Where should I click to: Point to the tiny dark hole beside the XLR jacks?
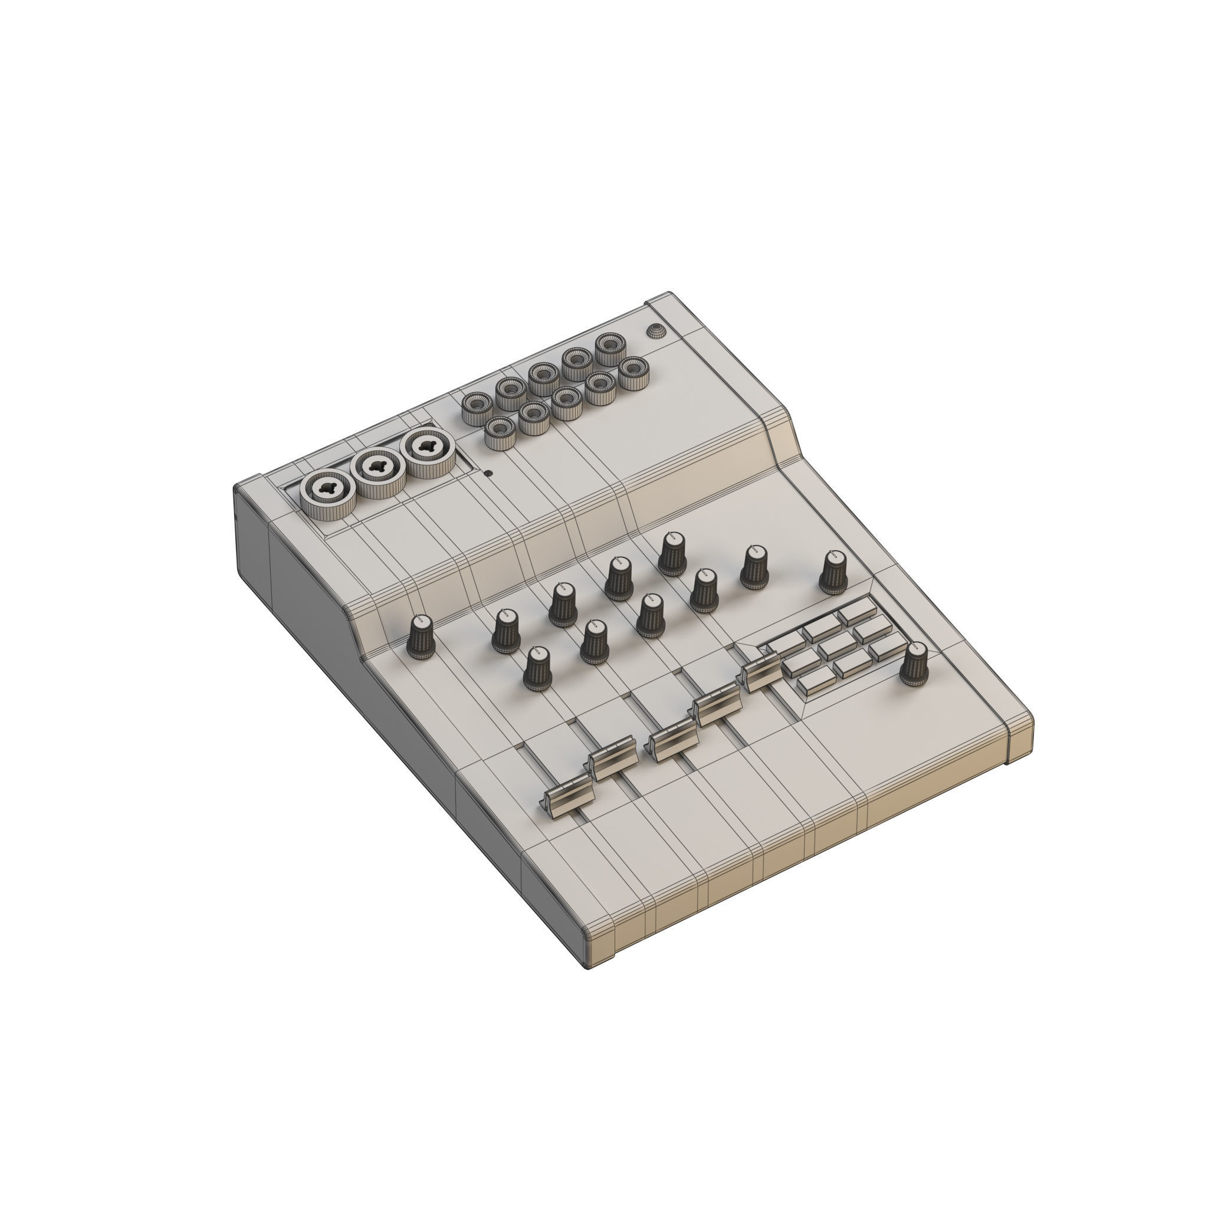(488, 473)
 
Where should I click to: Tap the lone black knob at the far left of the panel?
(421, 636)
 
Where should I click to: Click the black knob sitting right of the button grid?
(914, 664)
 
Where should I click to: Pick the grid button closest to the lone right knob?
(887, 647)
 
